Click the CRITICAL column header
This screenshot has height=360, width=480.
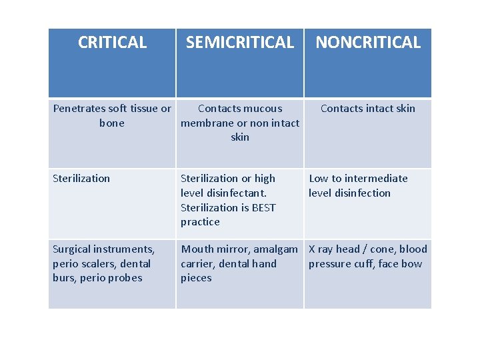[x=112, y=43]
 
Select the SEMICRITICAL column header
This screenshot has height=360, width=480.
[x=240, y=43]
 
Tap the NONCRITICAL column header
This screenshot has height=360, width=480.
[x=368, y=43]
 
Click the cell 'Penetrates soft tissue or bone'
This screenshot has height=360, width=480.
[x=112, y=115]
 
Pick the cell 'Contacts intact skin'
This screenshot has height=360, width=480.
[x=368, y=109]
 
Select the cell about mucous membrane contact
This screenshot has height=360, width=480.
[x=240, y=123]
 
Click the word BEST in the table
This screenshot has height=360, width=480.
[x=263, y=207]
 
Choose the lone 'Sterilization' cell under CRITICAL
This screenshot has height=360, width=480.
[x=81, y=179]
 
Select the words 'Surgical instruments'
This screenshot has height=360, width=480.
[x=103, y=249]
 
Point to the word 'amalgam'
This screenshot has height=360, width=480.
[x=275, y=249]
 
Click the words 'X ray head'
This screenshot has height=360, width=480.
[x=334, y=249]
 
